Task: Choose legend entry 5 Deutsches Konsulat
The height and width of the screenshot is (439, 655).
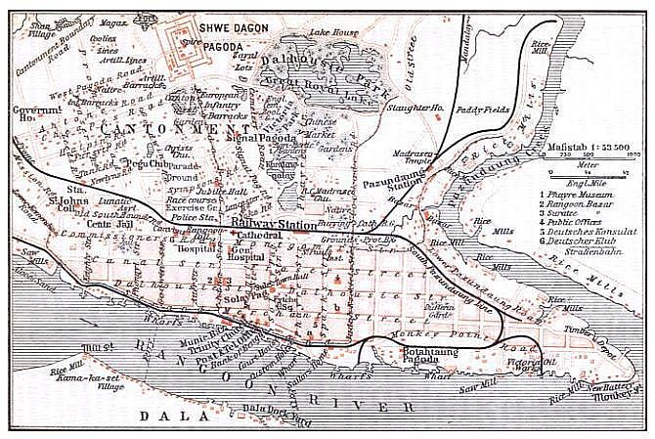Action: tap(594, 237)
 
